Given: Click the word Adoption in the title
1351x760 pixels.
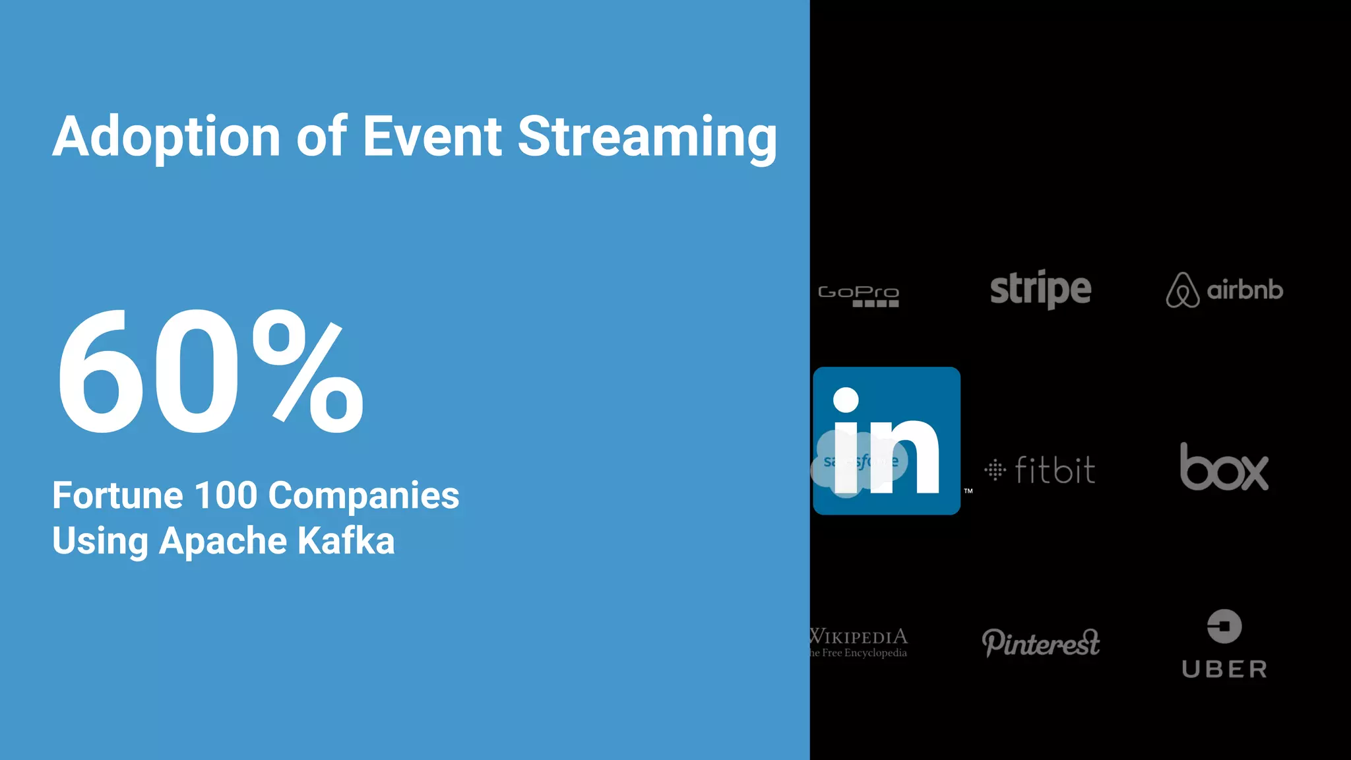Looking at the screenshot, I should [x=167, y=137].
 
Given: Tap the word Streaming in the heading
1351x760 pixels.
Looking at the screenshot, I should [x=646, y=137].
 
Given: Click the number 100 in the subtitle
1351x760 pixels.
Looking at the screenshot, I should [x=226, y=495].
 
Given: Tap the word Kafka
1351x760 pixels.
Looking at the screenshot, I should [x=346, y=541].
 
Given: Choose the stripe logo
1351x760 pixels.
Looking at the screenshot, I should [x=1040, y=289].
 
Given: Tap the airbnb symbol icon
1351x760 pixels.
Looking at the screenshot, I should [x=1182, y=290].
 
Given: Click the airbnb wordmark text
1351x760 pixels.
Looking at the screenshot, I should [x=1245, y=290].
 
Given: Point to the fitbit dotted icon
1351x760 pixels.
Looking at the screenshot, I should [x=995, y=470].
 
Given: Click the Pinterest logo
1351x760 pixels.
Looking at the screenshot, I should [x=1040, y=642].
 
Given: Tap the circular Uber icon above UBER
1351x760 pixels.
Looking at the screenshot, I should [x=1224, y=626].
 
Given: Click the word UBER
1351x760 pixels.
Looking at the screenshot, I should [x=1224, y=670].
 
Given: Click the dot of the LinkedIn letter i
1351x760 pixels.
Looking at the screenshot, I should [x=846, y=400].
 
